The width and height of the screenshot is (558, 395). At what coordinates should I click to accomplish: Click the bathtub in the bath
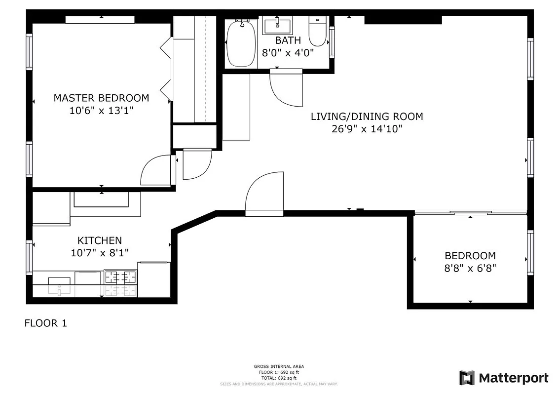(x=241, y=43)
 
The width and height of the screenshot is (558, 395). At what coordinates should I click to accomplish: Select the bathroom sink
(x=277, y=25)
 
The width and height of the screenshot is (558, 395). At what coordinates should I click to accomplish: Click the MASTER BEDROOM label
(x=101, y=98)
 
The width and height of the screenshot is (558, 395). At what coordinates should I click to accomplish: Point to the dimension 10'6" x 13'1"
(x=101, y=111)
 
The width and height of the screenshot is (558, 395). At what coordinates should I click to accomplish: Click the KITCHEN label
(x=99, y=240)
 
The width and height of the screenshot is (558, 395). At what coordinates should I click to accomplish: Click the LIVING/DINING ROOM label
(x=367, y=117)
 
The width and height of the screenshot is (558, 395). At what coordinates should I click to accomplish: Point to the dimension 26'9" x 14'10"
(x=367, y=129)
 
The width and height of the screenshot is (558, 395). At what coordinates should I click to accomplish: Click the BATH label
(x=288, y=40)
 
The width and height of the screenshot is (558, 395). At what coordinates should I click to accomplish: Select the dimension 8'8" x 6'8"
(x=470, y=269)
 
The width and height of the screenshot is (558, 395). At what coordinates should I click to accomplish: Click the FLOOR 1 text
(x=45, y=323)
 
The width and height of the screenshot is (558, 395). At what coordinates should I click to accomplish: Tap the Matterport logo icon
(x=466, y=378)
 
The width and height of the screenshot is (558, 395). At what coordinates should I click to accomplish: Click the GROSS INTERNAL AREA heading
(x=279, y=366)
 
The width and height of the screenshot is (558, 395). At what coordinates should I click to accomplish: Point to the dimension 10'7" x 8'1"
(x=99, y=253)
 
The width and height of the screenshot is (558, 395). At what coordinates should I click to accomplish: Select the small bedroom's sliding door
(x=470, y=213)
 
